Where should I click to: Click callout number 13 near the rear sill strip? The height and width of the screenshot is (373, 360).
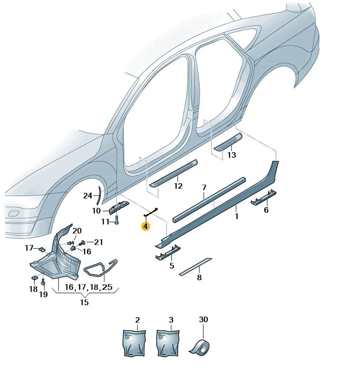[x=231, y=155]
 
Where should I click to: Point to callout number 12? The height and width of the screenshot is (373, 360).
[x=178, y=186]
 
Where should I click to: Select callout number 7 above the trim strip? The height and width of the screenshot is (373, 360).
[x=203, y=187]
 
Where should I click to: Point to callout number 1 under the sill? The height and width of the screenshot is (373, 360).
[x=237, y=216]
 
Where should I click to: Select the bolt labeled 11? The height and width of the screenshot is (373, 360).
[x=116, y=220]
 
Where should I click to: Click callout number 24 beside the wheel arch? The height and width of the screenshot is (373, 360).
[x=88, y=196]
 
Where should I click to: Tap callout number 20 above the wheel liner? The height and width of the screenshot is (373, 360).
[x=77, y=231]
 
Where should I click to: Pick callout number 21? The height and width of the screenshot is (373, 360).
[x=98, y=243]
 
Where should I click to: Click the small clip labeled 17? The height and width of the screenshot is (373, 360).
[x=42, y=248]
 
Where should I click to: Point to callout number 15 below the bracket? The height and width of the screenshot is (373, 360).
[x=84, y=302]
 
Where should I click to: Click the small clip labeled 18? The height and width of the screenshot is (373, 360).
[x=35, y=278]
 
